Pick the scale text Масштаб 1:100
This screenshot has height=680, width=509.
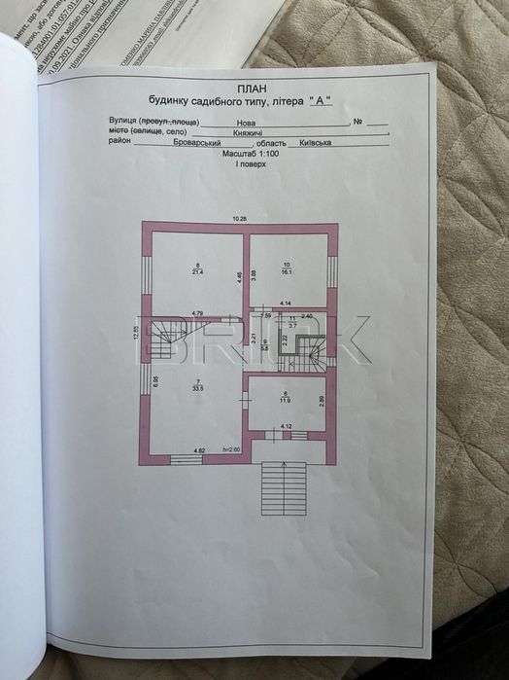click(x=241, y=154)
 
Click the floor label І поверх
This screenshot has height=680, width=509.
click(x=241, y=164)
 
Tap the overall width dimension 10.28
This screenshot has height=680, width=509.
click(x=239, y=218)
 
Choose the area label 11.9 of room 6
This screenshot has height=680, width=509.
click(x=286, y=399)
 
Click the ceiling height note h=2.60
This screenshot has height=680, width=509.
click(x=231, y=450)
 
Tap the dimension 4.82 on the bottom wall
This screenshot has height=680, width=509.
click(x=198, y=450)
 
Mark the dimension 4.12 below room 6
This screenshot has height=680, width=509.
click(x=287, y=426)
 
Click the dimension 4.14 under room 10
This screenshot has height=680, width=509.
click(x=286, y=305)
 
